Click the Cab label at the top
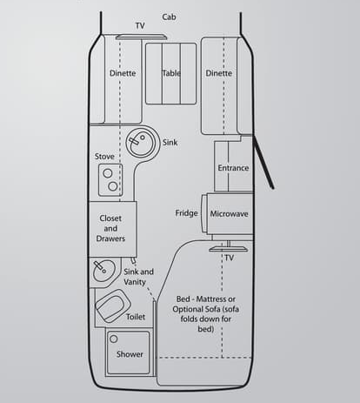click(x=169, y=17)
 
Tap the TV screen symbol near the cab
click(x=141, y=37)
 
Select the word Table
click(x=171, y=73)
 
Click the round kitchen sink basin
click(x=139, y=142)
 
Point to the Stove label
click(x=104, y=157)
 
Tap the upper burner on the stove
click(x=108, y=173)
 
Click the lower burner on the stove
click(x=113, y=186)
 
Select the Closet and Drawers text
click(x=110, y=228)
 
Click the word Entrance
click(x=233, y=168)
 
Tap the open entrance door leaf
click(x=263, y=164)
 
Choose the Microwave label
click(x=229, y=214)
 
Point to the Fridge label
click(x=186, y=213)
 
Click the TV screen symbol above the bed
click(x=228, y=249)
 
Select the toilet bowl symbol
click(x=113, y=306)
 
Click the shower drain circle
click(x=114, y=339)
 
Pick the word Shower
click(x=130, y=354)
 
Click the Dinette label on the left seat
click(x=123, y=73)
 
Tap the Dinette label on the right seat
click(x=219, y=73)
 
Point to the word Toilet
click(x=136, y=317)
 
